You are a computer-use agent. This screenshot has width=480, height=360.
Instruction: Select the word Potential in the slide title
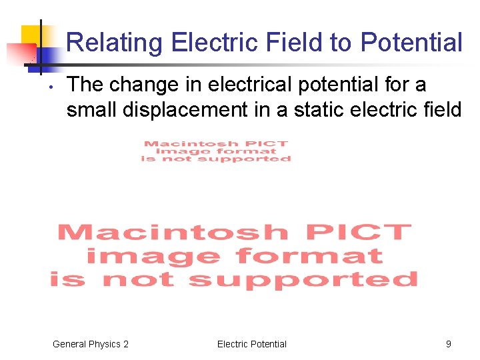click(411, 43)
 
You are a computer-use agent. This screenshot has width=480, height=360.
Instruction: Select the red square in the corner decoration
click(19, 53)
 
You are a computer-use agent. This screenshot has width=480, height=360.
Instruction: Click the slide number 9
click(448, 344)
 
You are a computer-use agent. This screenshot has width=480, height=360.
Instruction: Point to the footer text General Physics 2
click(91, 344)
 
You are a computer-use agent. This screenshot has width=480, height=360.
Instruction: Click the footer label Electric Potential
click(251, 344)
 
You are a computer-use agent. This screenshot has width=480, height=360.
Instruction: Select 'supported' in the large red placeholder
click(303, 279)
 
